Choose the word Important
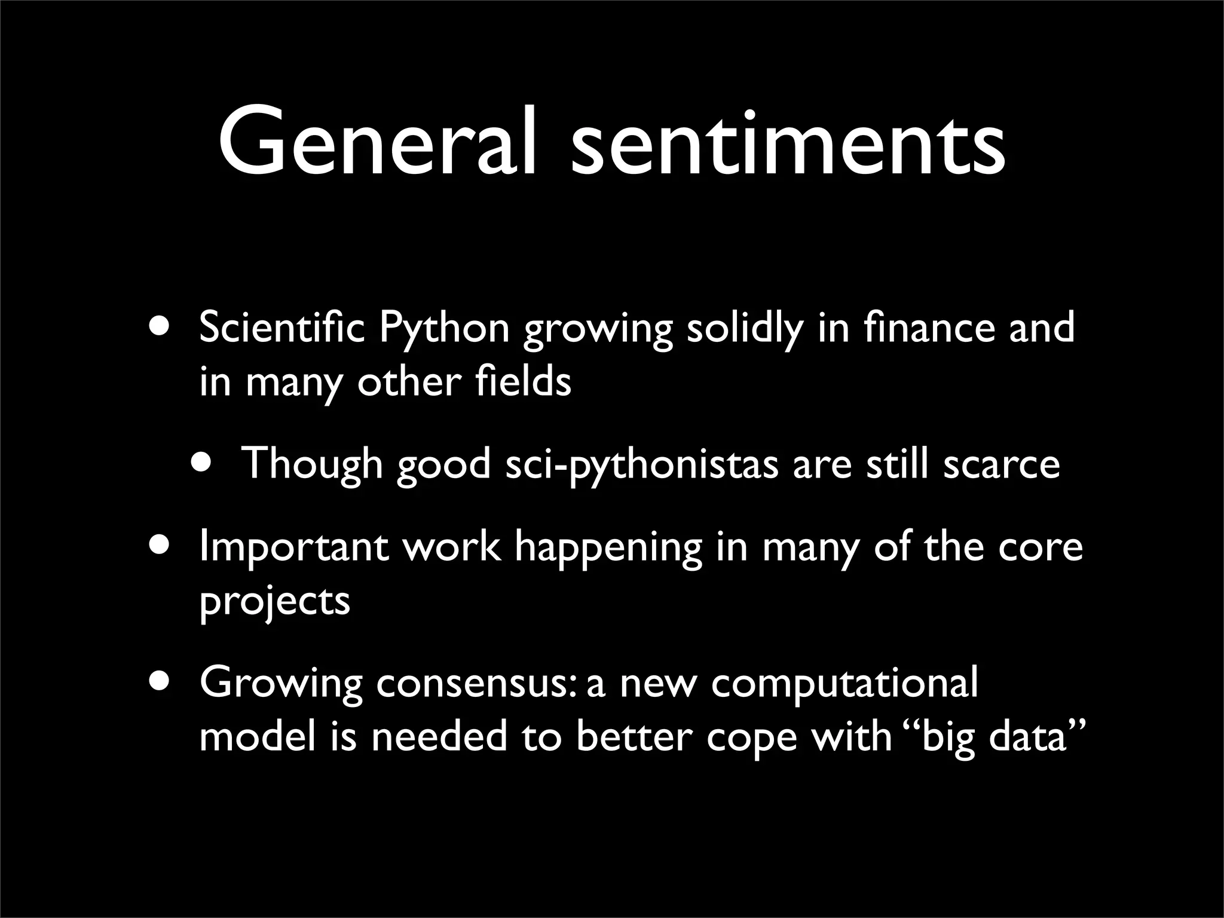pos(293,547)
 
